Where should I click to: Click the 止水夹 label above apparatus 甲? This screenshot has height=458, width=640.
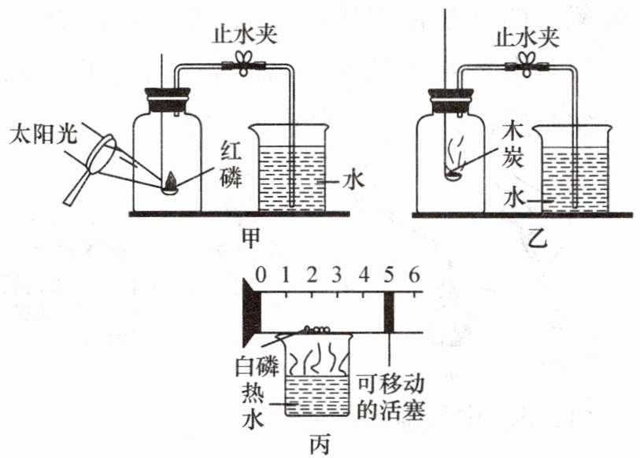[244, 35]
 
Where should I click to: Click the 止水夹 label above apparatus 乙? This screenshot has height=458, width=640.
[526, 38]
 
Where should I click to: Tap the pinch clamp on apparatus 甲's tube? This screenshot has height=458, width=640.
[244, 63]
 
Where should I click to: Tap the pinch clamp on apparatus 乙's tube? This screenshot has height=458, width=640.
[526, 64]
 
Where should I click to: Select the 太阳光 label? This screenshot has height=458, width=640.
[43, 134]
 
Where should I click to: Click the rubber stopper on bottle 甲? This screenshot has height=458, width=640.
[168, 101]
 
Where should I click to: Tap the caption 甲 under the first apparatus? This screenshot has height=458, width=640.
[250, 238]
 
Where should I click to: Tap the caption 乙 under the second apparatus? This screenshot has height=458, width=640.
[537, 239]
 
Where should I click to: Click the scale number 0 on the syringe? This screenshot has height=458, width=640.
[261, 275]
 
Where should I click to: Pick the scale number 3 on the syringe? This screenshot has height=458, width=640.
[336, 275]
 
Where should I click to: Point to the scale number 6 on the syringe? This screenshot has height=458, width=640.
[414, 275]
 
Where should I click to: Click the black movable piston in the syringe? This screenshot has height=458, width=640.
[390, 312]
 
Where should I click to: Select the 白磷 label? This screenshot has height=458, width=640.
[257, 366]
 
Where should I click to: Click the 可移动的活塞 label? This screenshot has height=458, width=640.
[390, 397]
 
